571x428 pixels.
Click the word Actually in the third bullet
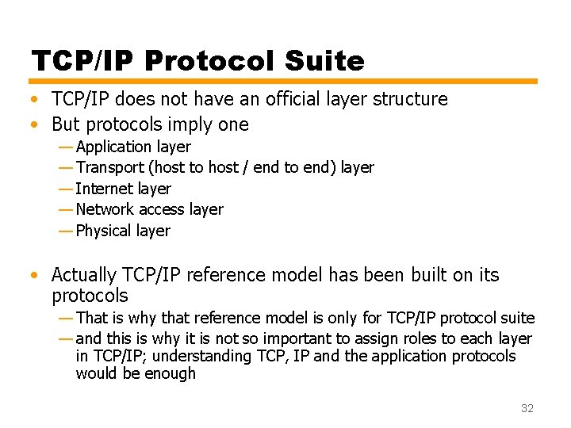coord(84,275)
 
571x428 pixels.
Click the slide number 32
coord(527,408)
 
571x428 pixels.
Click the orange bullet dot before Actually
coord(34,276)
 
